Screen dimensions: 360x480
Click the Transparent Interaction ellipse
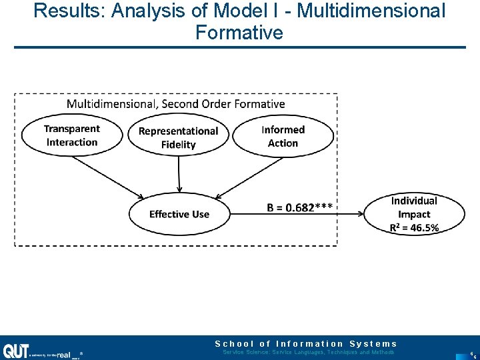click(72, 135)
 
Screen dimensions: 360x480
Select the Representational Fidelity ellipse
click(178, 137)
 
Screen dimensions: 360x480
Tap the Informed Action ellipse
click(283, 136)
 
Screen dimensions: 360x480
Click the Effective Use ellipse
click(179, 214)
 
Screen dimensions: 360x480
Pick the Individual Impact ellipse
click(414, 214)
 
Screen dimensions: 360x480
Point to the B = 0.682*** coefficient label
click(300, 207)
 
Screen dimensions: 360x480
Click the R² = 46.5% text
click(414, 228)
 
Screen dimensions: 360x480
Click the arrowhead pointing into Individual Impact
click(360, 214)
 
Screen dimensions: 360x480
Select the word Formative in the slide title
click(239, 32)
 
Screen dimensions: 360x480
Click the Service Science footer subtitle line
click(308, 352)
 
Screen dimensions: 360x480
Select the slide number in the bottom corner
click(471, 353)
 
